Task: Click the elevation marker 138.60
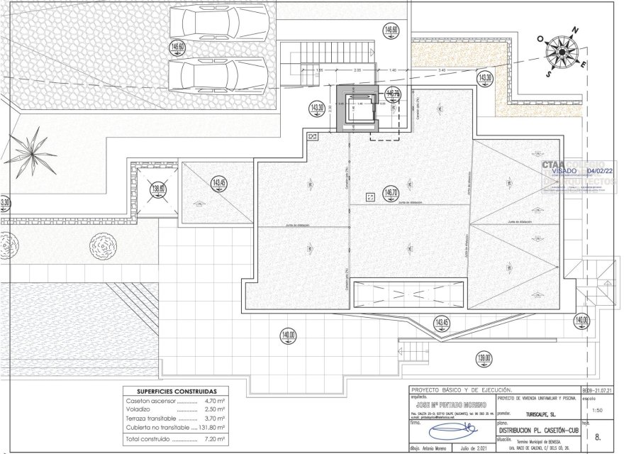[157, 189]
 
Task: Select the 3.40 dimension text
[442, 70]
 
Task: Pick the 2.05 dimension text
[357, 70]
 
